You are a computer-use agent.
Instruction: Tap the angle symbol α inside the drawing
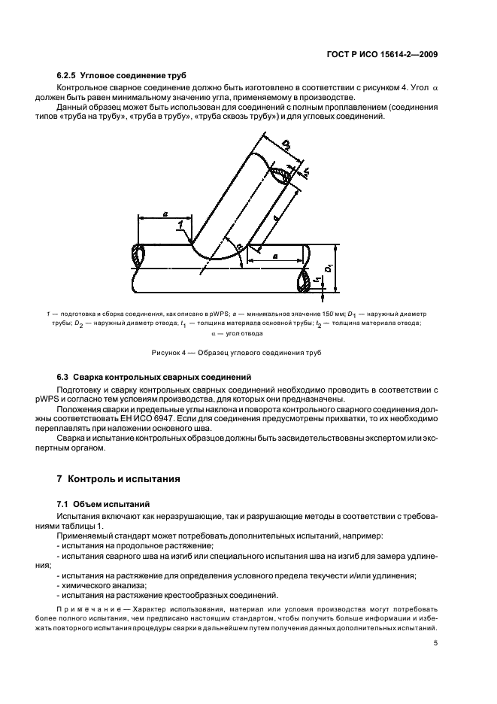[238, 247]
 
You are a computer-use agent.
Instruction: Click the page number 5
[436, 643]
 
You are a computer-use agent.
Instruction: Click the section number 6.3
[63, 375]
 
